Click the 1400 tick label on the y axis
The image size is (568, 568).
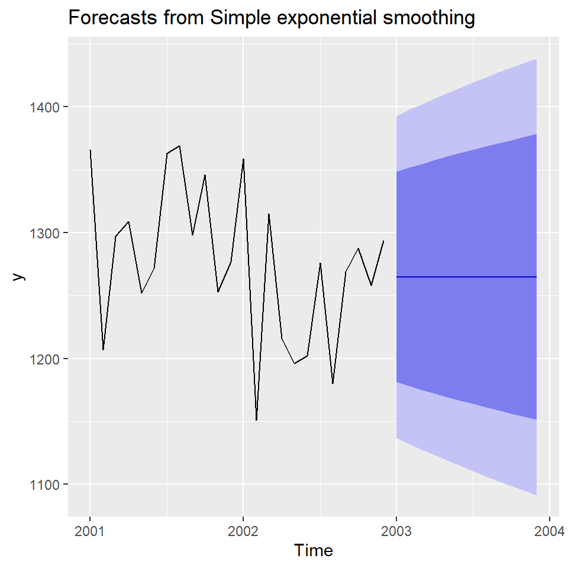[44, 107]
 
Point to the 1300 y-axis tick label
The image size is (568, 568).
[44, 233]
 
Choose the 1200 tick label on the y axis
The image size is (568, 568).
[44, 359]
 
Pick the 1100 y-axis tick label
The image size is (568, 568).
[44, 485]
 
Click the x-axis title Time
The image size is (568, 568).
[314, 551]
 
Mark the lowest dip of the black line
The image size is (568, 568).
[256, 420]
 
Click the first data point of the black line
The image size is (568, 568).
[90, 150]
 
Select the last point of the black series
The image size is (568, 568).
[383, 241]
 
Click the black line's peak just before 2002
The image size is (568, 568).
[243, 159]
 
